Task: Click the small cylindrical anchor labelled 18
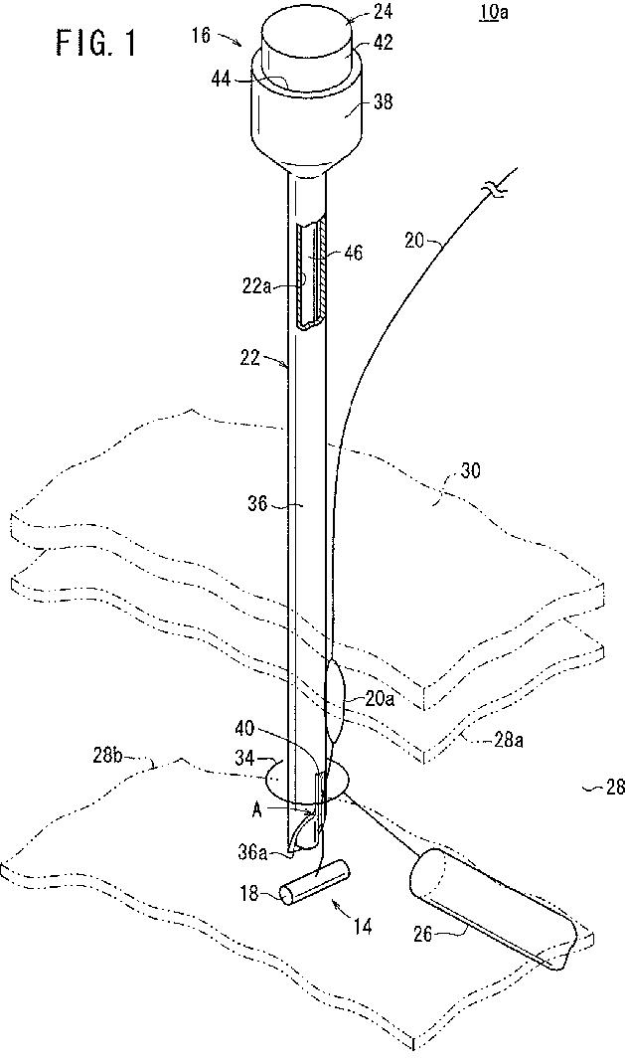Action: [x=314, y=882]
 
